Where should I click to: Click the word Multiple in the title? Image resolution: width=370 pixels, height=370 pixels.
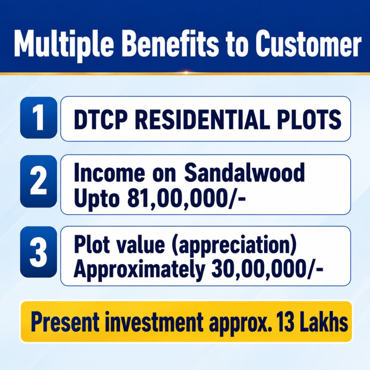[63, 43]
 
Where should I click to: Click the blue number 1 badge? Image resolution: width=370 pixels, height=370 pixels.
[39, 118]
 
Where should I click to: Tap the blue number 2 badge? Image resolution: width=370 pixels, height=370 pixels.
[39, 181]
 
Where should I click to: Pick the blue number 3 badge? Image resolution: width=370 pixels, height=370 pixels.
[39, 252]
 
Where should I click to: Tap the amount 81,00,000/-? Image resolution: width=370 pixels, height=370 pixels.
[186, 198]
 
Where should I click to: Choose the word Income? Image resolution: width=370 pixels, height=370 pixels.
[109, 173]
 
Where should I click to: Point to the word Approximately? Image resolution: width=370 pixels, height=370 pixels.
[140, 270]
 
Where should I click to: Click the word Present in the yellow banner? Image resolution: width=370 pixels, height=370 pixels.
[65, 321]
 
